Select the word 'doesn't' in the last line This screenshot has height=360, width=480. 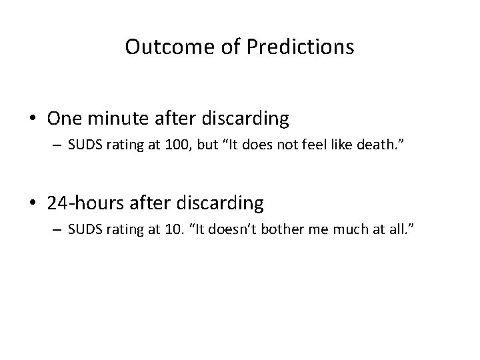247,230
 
